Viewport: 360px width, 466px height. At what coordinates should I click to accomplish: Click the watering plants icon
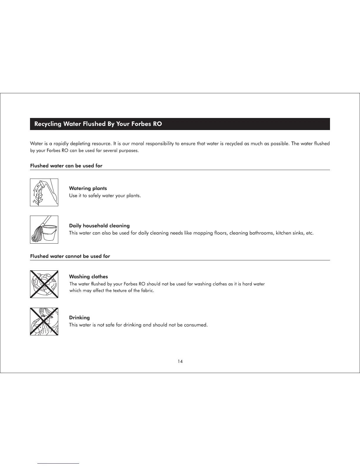click(44, 192)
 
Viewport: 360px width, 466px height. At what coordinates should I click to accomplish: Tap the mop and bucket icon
click(44, 230)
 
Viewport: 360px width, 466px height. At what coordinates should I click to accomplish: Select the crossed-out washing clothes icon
click(44, 284)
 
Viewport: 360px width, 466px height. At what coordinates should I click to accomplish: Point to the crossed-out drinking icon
click(44, 322)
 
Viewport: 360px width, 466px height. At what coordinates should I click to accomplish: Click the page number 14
click(180, 362)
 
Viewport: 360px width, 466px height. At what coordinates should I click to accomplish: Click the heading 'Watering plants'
click(88, 189)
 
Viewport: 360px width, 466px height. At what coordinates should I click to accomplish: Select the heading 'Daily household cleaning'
click(99, 226)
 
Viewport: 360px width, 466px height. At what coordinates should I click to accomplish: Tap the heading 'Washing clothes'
click(89, 277)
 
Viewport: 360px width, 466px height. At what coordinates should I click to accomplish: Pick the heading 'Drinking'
click(79, 318)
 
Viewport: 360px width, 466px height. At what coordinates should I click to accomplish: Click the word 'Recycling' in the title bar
click(48, 124)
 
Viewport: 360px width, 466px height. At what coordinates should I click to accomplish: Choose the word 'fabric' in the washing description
click(147, 291)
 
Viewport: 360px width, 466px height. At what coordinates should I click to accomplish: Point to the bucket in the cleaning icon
click(49, 232)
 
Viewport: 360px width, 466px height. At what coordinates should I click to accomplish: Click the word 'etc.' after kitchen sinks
click(310, 233)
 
